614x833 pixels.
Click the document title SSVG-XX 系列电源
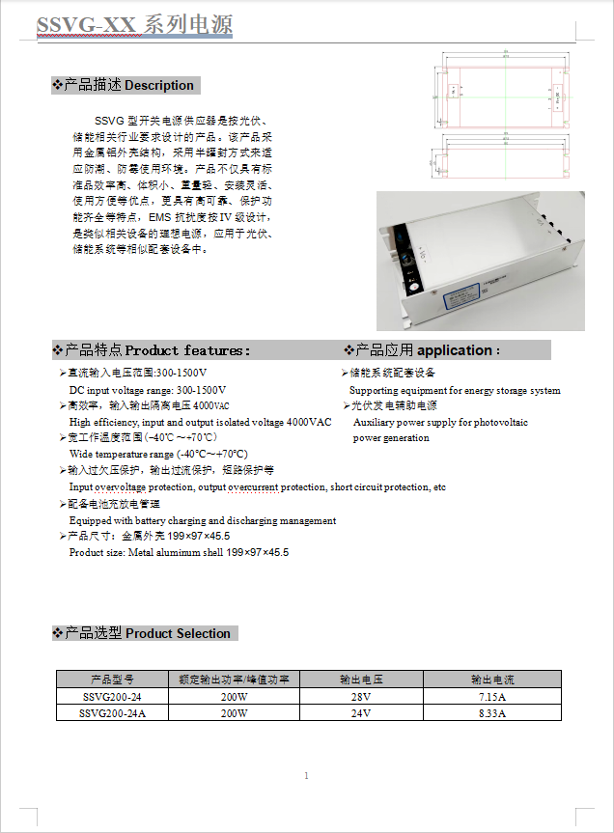click(x=134, y=25)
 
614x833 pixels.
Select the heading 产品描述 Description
click(x=126, y=86)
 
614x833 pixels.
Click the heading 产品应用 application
click(x=425, y=350)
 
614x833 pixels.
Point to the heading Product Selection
click(x=144, y=634)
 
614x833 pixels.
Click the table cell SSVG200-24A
click(x=112, y=713)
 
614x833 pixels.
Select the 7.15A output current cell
click(x=492, y=697)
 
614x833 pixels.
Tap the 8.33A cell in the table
click(x=492, y=713)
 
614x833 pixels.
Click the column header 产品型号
click(x=112, y=680)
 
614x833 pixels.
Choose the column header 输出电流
click(x=492, y=680)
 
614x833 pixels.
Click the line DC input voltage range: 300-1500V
click(x=148, y=390)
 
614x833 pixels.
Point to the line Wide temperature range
click(x=158, y=454)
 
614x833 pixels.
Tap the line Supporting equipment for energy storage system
click(x=455, y=391)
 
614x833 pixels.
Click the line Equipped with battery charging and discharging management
click(x=203, y=521)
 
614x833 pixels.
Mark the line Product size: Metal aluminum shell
click(x=179, y=553)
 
